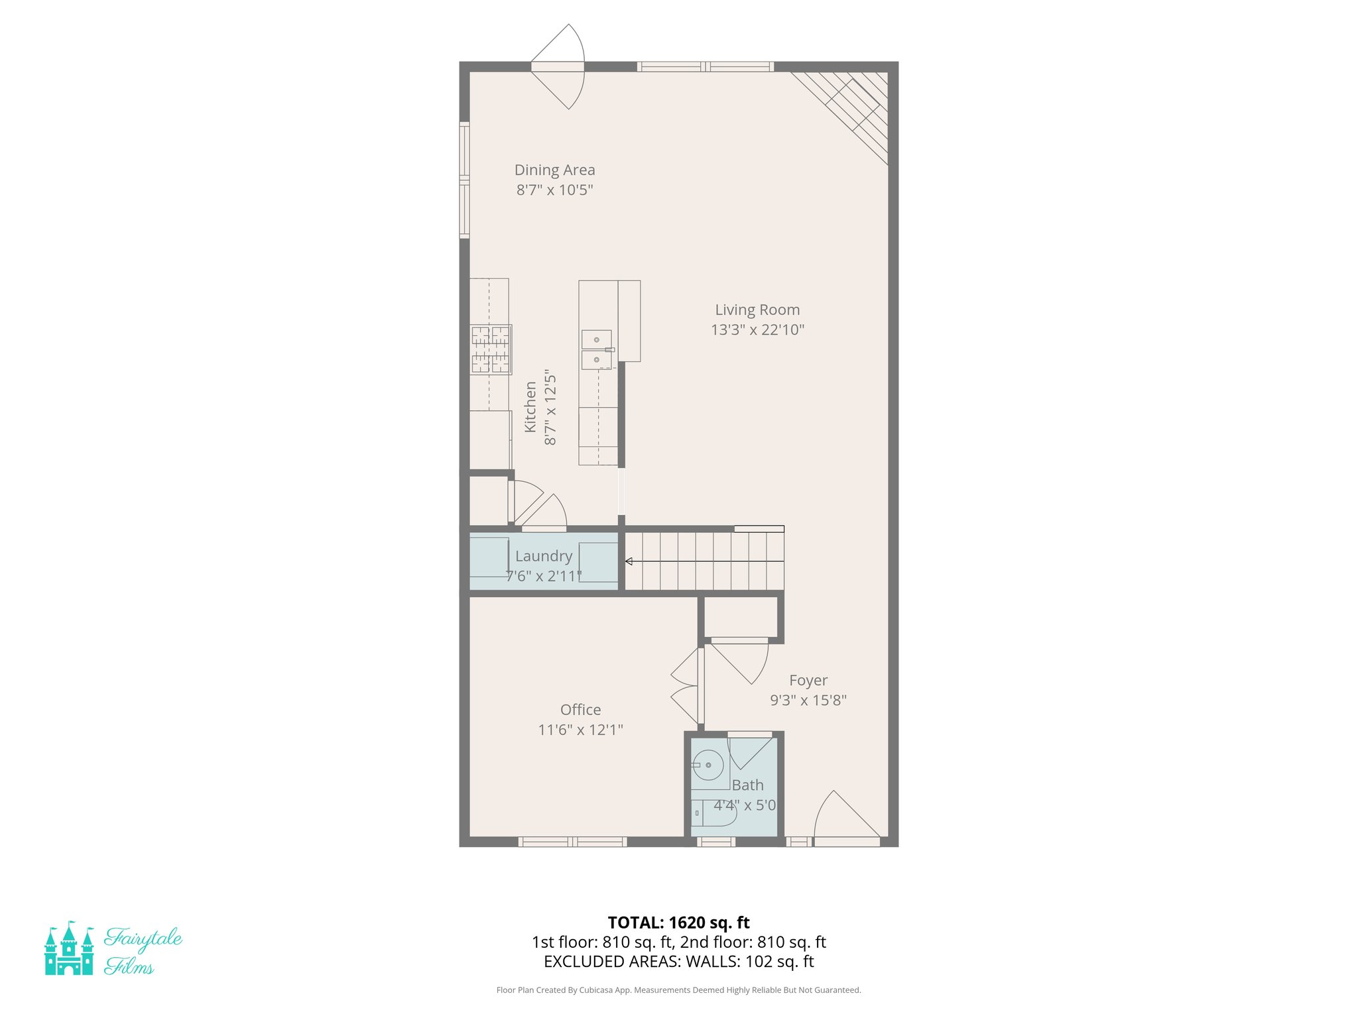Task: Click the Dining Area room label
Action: (554, 170)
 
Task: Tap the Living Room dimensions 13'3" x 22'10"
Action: (757, 329)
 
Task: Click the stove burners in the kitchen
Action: (491, 349)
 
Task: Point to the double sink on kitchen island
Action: (597, 349)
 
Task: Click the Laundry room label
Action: (543, 556)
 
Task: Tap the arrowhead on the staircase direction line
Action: (629, 561)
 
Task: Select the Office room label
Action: (580, 710)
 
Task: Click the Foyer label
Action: (808, 681)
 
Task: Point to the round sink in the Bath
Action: (708, 765)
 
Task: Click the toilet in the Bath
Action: (713, 813)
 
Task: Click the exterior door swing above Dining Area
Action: (560, 66)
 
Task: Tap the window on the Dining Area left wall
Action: (464, 180)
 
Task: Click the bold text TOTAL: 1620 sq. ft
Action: (678, 922)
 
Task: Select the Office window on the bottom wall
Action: (572, 842)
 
